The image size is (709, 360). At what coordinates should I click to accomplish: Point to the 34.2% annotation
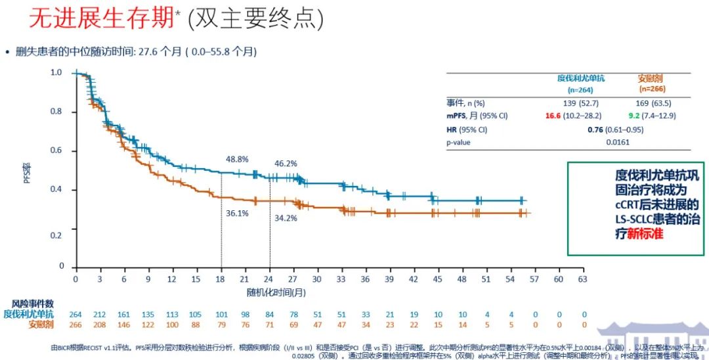pos(285,217)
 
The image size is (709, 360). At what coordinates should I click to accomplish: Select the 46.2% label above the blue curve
pos(285,163)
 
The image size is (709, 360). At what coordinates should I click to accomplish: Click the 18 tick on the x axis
pos(221,279)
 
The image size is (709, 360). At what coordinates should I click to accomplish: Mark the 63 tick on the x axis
pos(582,279)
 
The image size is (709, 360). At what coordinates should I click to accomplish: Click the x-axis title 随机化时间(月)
pos(276,290)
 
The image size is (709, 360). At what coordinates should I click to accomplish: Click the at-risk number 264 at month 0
pos(76,314)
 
